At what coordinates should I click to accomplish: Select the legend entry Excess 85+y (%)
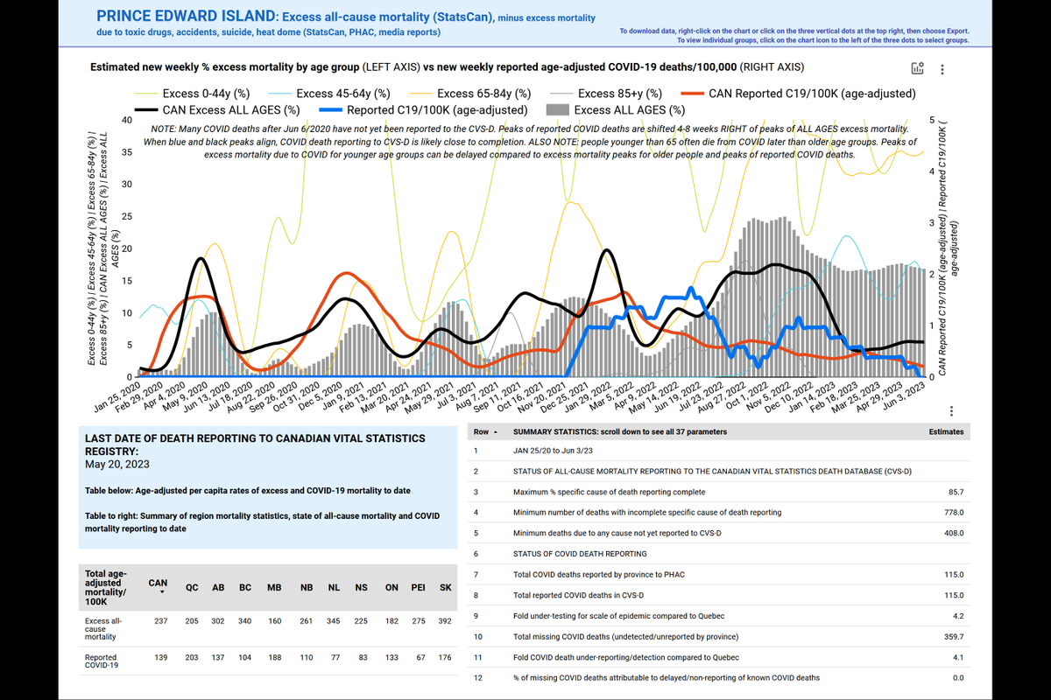(619, 94)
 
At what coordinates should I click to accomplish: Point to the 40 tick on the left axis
(127, 121)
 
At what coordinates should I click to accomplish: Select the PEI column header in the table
(418, 588)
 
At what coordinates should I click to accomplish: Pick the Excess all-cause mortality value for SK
(446, 622)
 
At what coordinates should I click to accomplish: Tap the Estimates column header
(946, 431)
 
